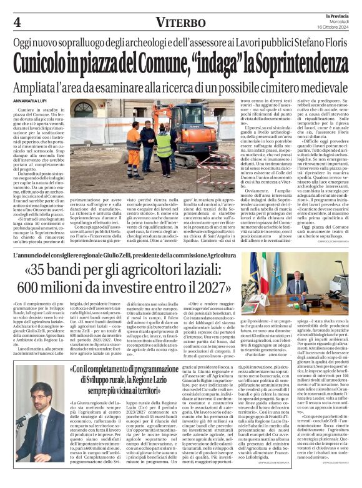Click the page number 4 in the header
(x=17, y=22)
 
